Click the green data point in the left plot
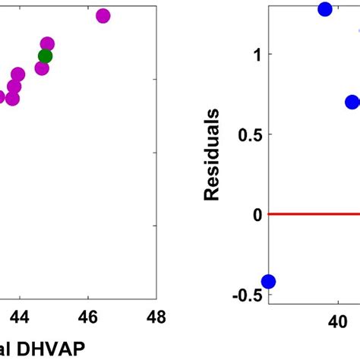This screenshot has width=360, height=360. pos(45,55)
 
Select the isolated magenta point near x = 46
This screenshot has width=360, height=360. pos(103,16)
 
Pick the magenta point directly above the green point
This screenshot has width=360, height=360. pos(47,44)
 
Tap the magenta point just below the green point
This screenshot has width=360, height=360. pos(42,68)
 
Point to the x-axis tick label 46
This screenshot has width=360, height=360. pos(88,316)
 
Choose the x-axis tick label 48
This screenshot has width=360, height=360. pos(157,316)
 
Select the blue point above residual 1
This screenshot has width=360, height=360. pos(325,9)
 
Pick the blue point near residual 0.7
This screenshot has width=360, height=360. pos(352,102)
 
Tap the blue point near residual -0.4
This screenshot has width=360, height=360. pos(268,282)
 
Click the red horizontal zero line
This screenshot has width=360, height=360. pos(311,214)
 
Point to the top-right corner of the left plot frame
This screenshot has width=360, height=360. pos(157,4)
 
